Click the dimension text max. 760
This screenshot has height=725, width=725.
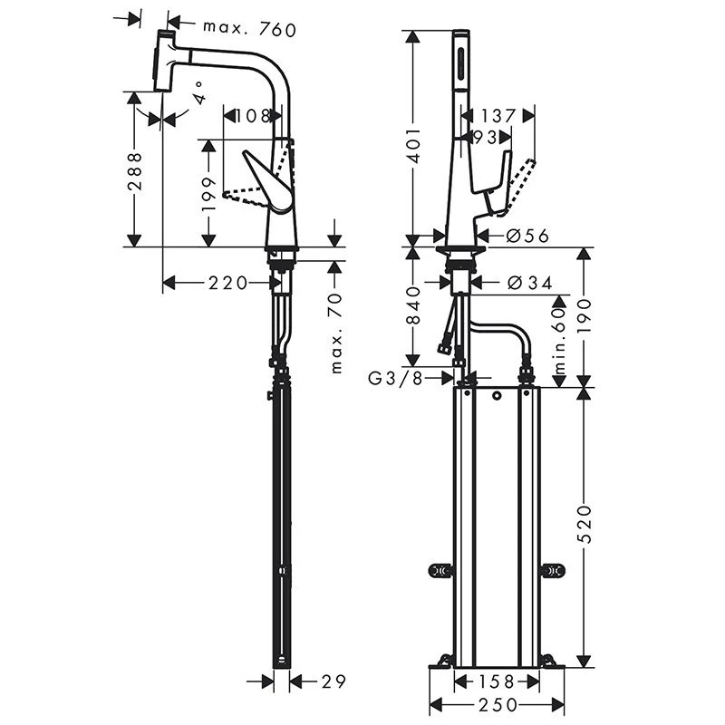(x=249, y=30)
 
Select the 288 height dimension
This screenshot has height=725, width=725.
(x=134, y=170)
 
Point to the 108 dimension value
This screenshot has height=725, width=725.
(x=252, y=116)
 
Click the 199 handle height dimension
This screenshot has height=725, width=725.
(x=208, y=193)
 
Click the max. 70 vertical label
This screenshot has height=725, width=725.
(x=336, y=334)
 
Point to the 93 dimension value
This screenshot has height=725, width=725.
(x=484, y=137)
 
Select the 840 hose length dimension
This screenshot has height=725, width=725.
(x=412, y=306)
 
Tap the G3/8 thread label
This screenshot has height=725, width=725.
(x=397, y=378)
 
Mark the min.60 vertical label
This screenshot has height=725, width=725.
(x=559, y=341)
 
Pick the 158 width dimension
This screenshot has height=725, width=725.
(x=496, y=680)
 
